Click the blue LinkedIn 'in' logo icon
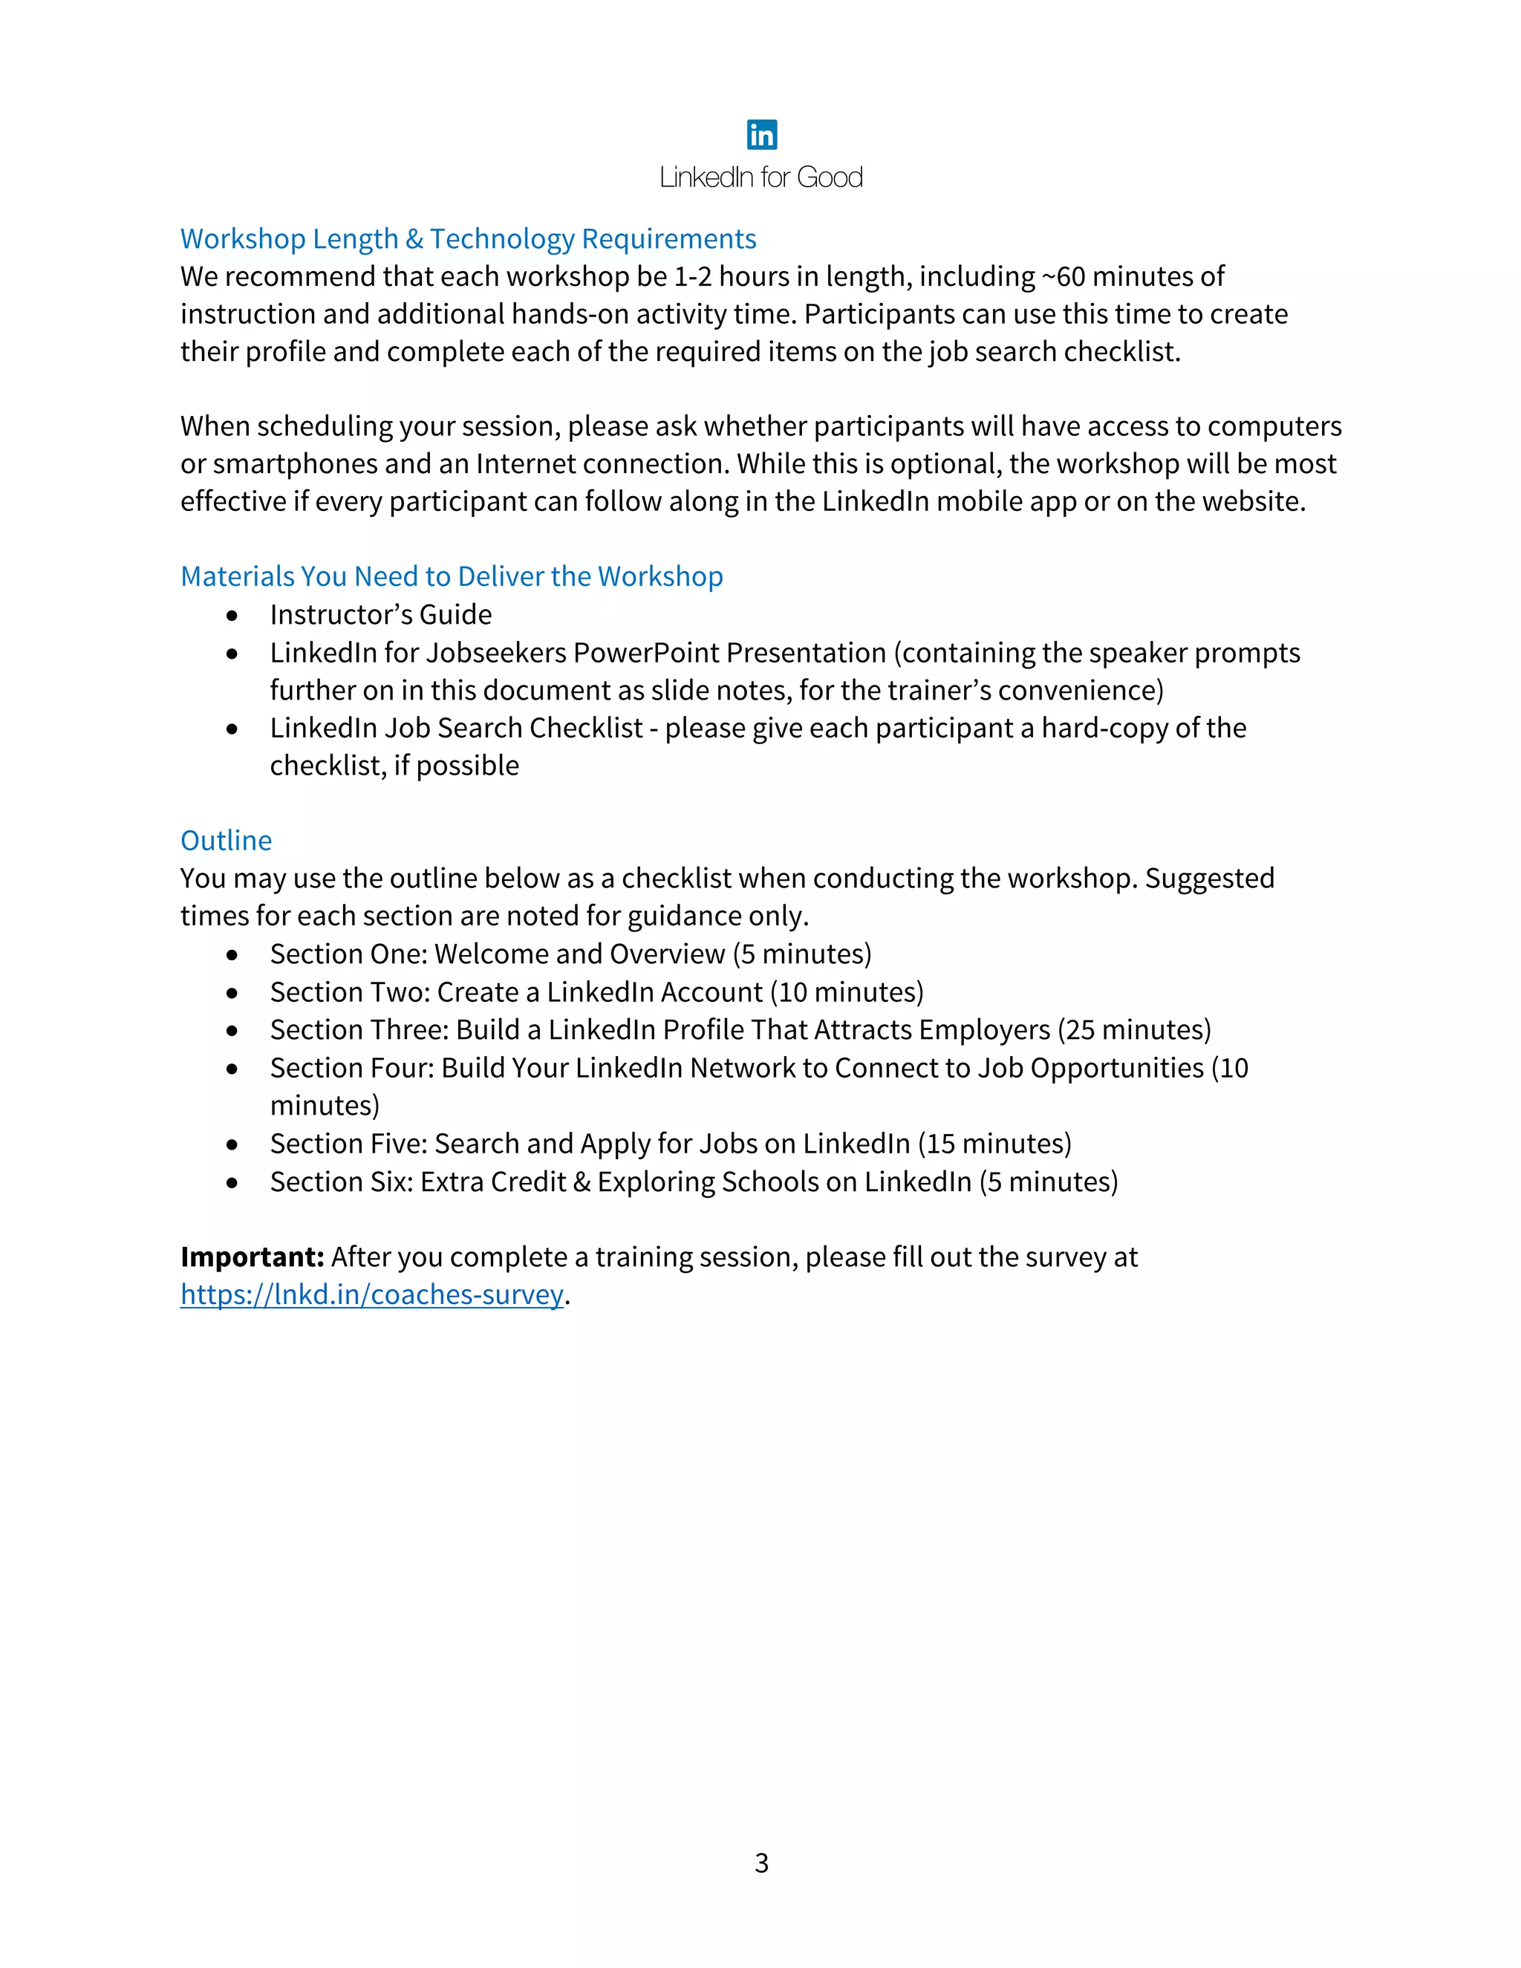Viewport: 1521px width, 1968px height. pyautogui.click(x=761, y=135)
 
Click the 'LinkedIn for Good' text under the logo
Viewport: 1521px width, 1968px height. pyautogui.click(x=761, y=177)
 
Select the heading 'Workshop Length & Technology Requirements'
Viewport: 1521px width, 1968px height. pyautogui.click(x=468, y=239)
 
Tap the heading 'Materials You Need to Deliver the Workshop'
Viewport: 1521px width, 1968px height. pyautogui.click(x=452, y=577)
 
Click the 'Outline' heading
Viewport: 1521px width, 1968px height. pyautogui.click(x=227, y=841)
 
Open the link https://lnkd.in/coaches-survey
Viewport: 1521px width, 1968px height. pyautogui.click(x=371, y=1295)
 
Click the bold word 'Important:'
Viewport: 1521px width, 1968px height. pyautogui.click(x=252, y=1257)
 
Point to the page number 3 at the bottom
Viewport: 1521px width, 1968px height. pyautogui.click(x=761, y=1863)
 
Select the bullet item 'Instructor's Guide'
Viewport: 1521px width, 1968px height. pyautogui.click(x=380, y=615)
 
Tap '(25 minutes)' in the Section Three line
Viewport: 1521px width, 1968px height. pyautogui.click(x=1135, y=1030)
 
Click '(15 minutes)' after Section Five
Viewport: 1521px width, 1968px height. pyautogui.click(x=994, y=1144)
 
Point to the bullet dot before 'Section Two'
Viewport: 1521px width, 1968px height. pyautogui.click(x=232, y=993)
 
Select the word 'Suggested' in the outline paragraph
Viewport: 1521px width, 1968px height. pyautogui.click(x=1209, y=879)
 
